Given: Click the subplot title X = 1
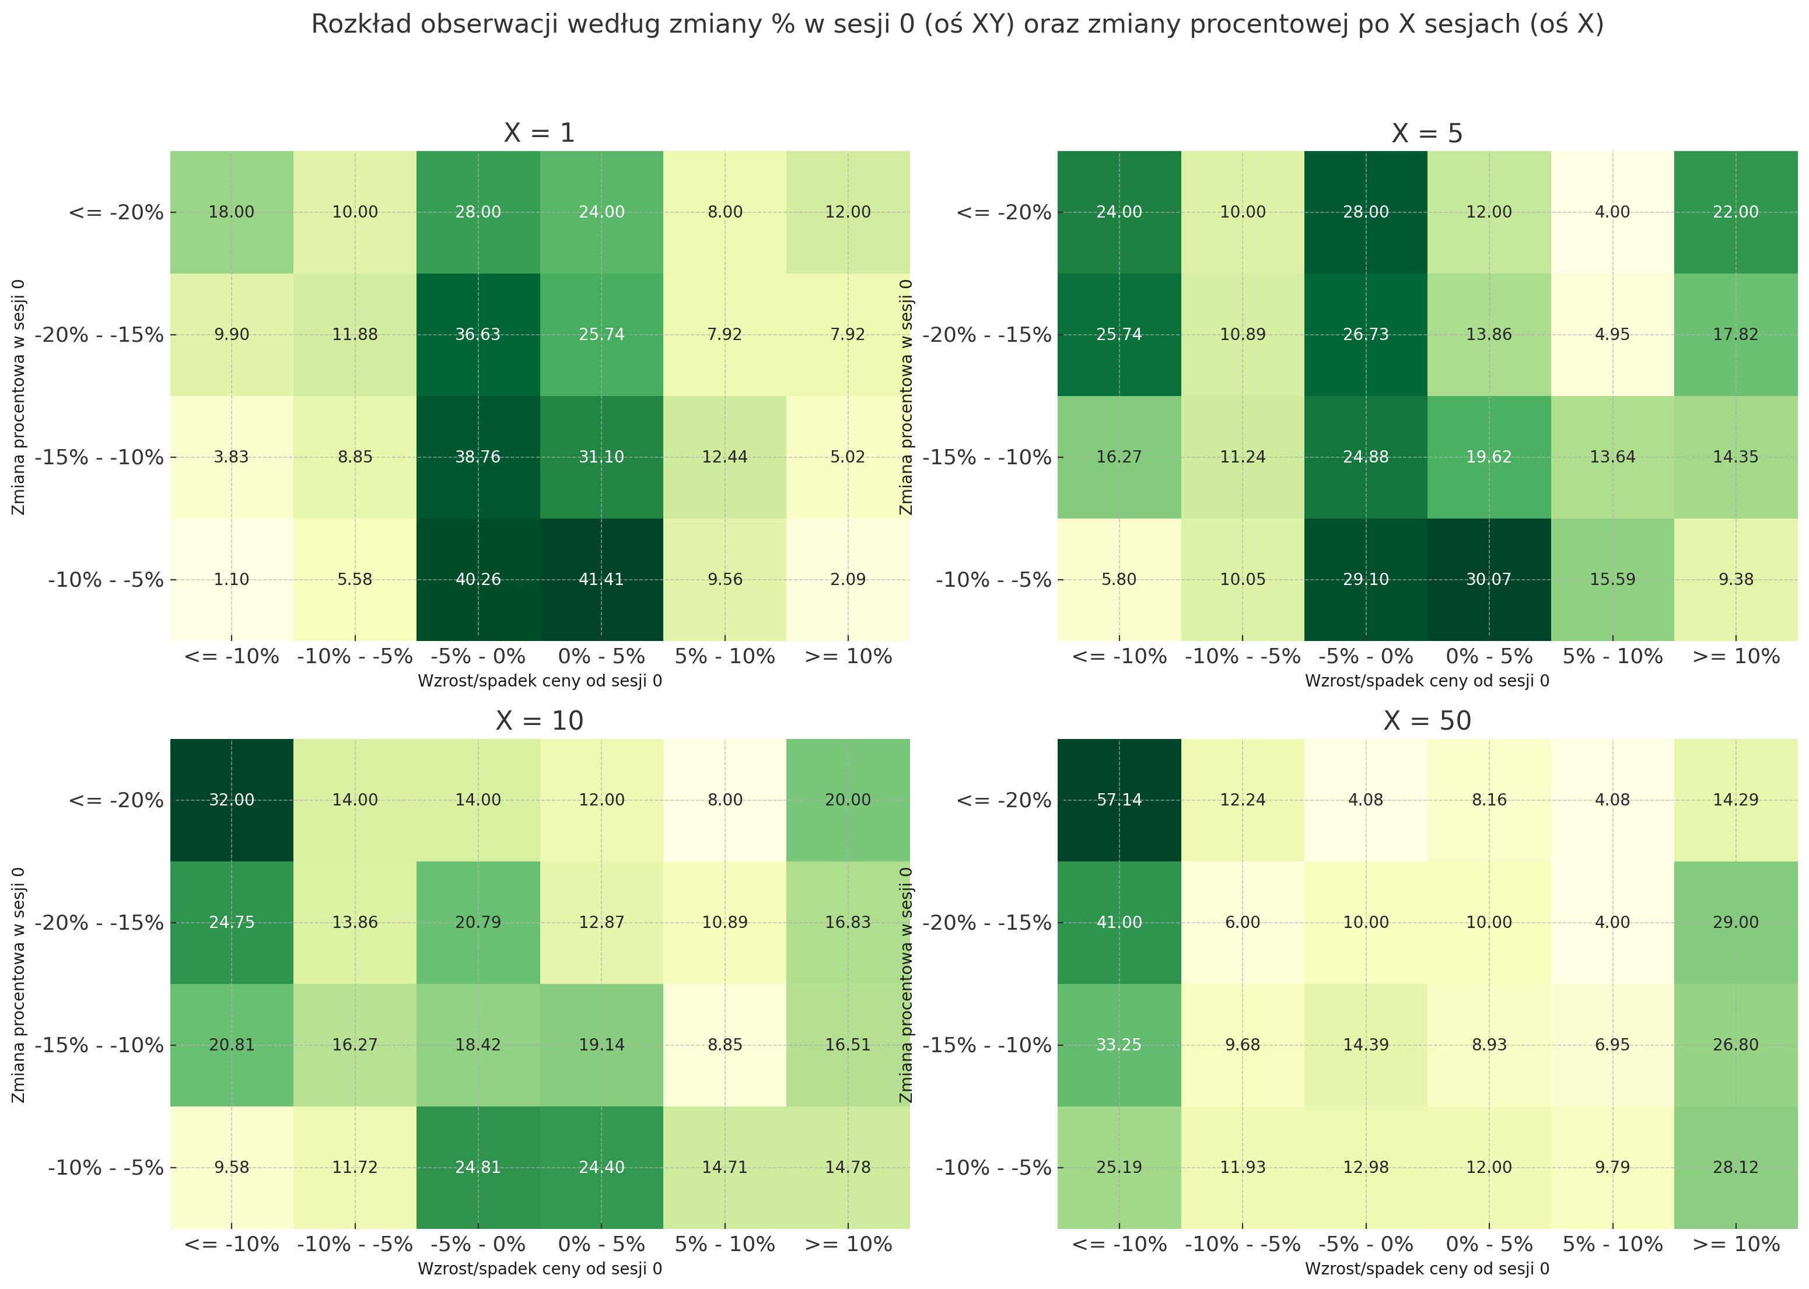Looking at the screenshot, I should pos(539,132).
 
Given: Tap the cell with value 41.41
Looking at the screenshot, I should pos(601,579).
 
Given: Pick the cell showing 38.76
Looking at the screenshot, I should pos(478,457).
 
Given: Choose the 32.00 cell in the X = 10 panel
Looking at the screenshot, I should pos(232,800).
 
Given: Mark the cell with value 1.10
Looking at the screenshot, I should pos(232,579).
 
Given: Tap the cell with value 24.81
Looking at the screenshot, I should pos(478,1168).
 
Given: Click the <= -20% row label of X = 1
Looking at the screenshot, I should pos(116,213).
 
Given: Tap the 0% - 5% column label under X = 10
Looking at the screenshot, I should pos(601,1245).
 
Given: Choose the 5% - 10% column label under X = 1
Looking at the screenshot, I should pos(724,656).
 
